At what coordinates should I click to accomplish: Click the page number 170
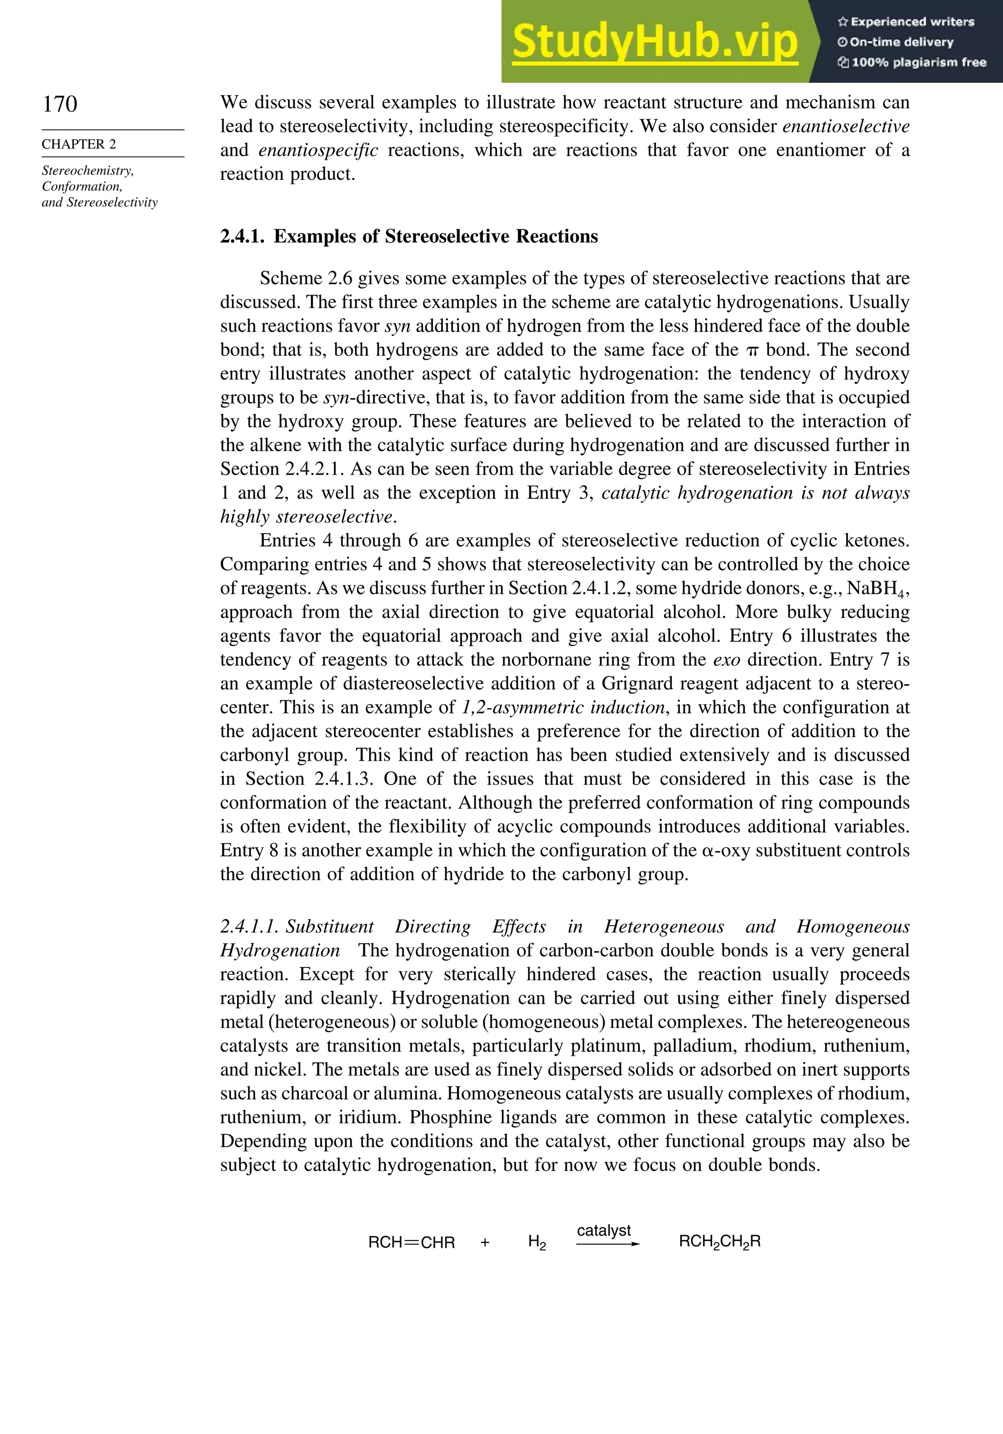click(x=60, y=104)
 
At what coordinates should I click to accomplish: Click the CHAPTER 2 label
click(x=79, y=144)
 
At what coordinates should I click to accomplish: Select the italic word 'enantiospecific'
click(x=318, y=150)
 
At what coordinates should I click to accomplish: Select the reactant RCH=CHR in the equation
click(x=411, y=1242)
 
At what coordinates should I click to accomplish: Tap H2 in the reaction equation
click(x=537, y=1242)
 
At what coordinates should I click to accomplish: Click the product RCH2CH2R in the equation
click(x=719, y=1241)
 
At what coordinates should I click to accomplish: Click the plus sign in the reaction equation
click(x=485, y=1242)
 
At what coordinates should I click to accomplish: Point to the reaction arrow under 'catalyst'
click(x=607, y=1244)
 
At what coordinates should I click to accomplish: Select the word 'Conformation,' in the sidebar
click(x=82, y=187)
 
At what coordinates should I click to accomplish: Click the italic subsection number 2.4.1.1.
click(x=249, y=927)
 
